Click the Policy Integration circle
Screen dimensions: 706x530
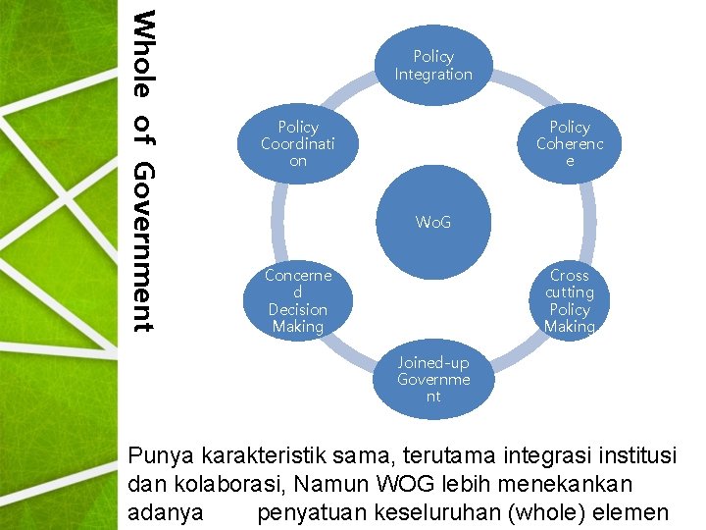click(433, 66)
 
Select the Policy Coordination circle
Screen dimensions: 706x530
click(298, 143)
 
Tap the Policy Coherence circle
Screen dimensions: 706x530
click(570, 143)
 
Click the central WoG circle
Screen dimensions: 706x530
click(433, 223)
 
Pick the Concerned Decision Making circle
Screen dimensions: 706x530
click(298, 300)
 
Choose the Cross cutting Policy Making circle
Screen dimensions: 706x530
click(570, 300)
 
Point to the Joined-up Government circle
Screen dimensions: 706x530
click(433, 379)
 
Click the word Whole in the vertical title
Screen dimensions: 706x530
click(143, 54)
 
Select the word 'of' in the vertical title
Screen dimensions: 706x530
click(143, 129)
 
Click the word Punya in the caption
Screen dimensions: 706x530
click(162, 456)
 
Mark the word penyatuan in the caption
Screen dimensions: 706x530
click(311, 511)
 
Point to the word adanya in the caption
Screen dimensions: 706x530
click(166, 511)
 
